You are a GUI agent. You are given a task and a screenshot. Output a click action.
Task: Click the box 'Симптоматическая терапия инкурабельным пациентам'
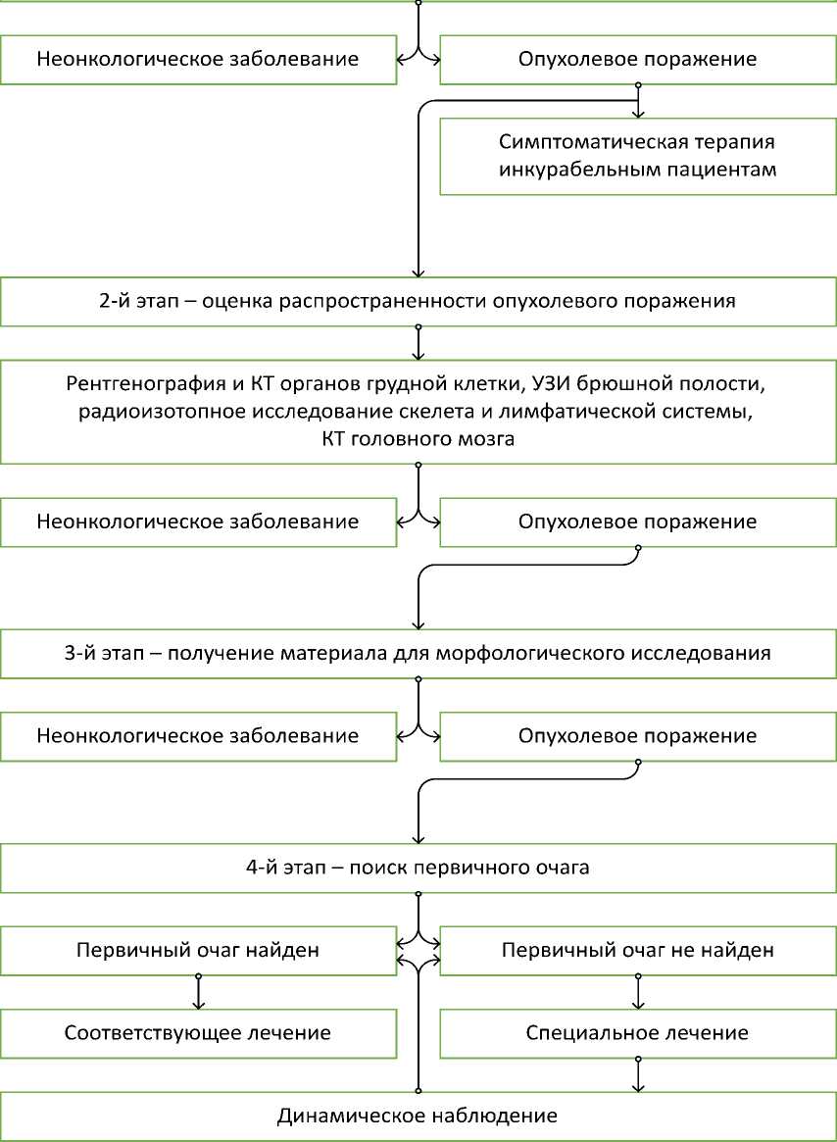coord(637,156)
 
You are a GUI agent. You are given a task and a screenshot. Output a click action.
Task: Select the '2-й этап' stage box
coord(418,301)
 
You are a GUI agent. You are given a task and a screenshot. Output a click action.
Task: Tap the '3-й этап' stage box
coord(418,652)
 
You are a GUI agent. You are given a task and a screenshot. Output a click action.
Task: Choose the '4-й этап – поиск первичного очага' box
coord(418,869)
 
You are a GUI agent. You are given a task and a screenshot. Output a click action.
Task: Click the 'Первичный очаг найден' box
coord(198,950)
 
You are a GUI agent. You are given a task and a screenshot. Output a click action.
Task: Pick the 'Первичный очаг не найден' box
coord(637,950)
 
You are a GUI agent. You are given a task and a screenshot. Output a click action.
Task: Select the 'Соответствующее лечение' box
coord(198,1033)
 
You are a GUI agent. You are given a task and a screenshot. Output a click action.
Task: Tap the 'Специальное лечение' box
coord(637,1033)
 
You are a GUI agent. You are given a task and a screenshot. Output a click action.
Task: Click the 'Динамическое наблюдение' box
coord(418,1116)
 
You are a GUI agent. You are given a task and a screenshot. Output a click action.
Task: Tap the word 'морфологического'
coord(583,652)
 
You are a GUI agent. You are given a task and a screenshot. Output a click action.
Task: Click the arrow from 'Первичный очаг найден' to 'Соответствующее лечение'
coord(199,992)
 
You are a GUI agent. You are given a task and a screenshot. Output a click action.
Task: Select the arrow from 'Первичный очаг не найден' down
coord(638,992)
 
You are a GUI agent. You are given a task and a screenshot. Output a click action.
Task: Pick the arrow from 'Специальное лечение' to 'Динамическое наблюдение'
coord(638,1075)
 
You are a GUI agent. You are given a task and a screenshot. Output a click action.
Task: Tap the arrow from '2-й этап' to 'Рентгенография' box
coord(418,343)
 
